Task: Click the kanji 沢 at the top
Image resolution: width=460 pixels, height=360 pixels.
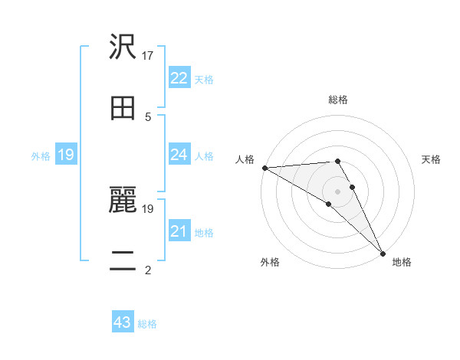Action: tap(123, 47)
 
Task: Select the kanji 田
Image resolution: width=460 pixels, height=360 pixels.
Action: tap(123, 107)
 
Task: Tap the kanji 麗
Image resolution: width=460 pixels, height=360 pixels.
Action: tap(123, 200)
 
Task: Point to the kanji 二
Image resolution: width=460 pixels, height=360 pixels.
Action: tap(123, 260)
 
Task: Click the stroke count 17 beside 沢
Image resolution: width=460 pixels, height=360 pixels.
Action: tap(149, 56)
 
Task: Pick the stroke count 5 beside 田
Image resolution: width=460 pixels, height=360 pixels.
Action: tap(147, 116)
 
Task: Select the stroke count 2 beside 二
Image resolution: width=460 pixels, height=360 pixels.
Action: tap(147, 270)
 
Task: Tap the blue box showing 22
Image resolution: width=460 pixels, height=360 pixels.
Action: tap(179, 78)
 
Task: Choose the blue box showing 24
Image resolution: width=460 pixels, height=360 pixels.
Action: tap(179, 155)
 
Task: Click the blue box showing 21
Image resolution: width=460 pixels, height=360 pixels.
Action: tap(179, 231)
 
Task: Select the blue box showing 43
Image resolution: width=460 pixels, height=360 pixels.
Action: tap(123, 322)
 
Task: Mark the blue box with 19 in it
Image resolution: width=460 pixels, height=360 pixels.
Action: tap(66, 155)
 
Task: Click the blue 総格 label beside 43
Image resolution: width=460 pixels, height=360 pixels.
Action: tap(147, 324)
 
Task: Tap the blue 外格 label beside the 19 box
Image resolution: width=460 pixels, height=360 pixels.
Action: tap(41, 156)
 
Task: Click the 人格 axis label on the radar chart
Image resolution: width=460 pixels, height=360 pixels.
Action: tap(245, 159)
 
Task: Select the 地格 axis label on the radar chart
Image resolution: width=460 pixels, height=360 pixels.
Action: tap(402, 263)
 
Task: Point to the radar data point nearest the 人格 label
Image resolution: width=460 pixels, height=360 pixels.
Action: tap(264, 168)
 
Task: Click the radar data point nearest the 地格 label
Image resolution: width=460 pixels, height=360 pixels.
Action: tap(383, 254)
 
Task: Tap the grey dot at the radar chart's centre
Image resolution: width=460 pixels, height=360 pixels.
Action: tap(337, 191)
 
